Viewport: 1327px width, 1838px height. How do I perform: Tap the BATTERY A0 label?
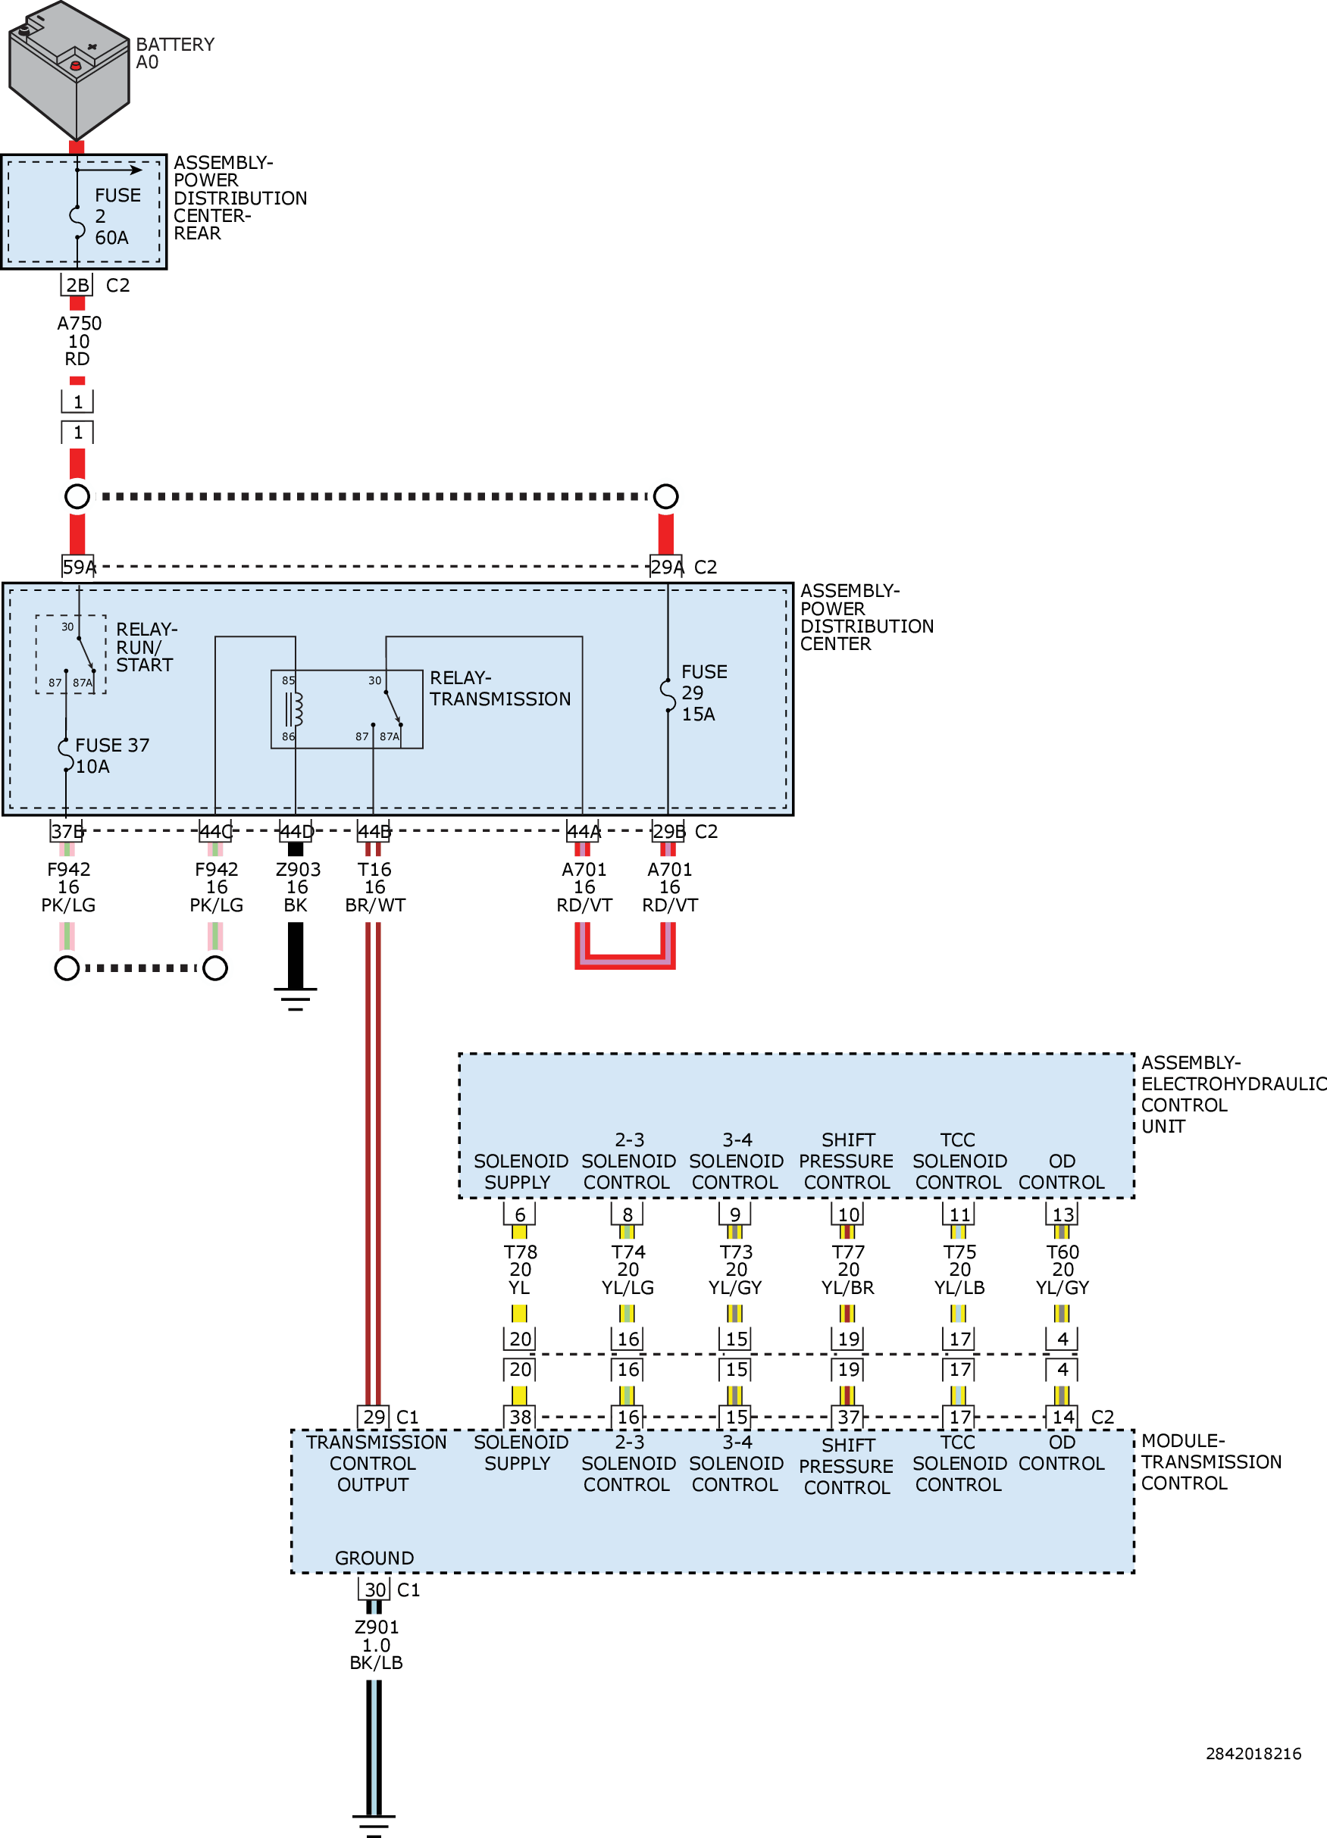[174, 54]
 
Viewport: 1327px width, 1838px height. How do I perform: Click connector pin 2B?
[77, 286]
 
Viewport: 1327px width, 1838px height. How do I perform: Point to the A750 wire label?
[79, 340]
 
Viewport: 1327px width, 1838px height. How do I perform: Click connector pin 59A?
[78, 567]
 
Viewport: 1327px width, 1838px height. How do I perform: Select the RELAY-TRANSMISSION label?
[499, 688]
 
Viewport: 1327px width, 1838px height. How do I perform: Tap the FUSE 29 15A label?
[703, 693]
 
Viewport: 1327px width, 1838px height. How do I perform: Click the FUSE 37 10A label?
[111, 755]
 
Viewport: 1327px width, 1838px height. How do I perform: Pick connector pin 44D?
[296, 831]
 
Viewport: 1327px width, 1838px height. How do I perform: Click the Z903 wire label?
[298, 886]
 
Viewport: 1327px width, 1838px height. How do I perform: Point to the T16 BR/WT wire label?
[374, 886]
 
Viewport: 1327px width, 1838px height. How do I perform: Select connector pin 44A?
[583, 831]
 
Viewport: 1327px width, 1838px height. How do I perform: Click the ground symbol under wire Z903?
[295, 999]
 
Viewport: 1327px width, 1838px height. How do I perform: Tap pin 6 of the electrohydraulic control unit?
[520, 1214]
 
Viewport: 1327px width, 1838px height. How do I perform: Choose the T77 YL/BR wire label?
[848, 1269]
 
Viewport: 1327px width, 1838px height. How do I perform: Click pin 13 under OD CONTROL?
[1062, 1214]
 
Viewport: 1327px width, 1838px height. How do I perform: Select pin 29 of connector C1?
[374, 1417]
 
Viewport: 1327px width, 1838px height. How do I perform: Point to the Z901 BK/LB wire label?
[376, 1644]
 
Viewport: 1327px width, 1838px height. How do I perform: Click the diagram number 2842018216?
[1253, 1753]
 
